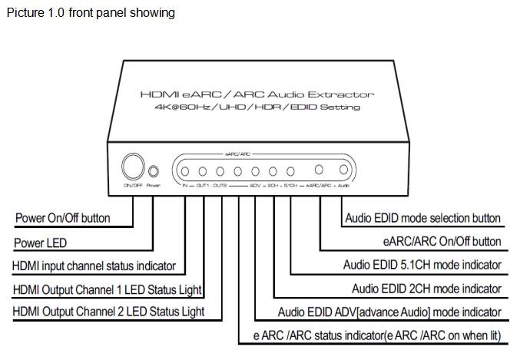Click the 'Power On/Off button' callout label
coord(62,218)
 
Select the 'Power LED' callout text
coord(40,243)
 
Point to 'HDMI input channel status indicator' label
coord(94,266)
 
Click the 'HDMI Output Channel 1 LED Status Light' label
coord(108,289)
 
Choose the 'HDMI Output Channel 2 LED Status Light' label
coord(108,312)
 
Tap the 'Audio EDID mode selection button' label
coord(422,218)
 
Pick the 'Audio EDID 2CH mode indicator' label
coord(426,289)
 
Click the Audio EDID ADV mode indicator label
coord(389,312)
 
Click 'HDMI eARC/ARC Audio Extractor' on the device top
coord(257,94)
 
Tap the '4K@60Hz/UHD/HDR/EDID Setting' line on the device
coord(256,107)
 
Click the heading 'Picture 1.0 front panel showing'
coord(90,12)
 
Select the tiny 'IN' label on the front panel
coord(185,186)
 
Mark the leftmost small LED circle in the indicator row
coord(185,170)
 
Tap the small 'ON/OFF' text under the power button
coord(131,185)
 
